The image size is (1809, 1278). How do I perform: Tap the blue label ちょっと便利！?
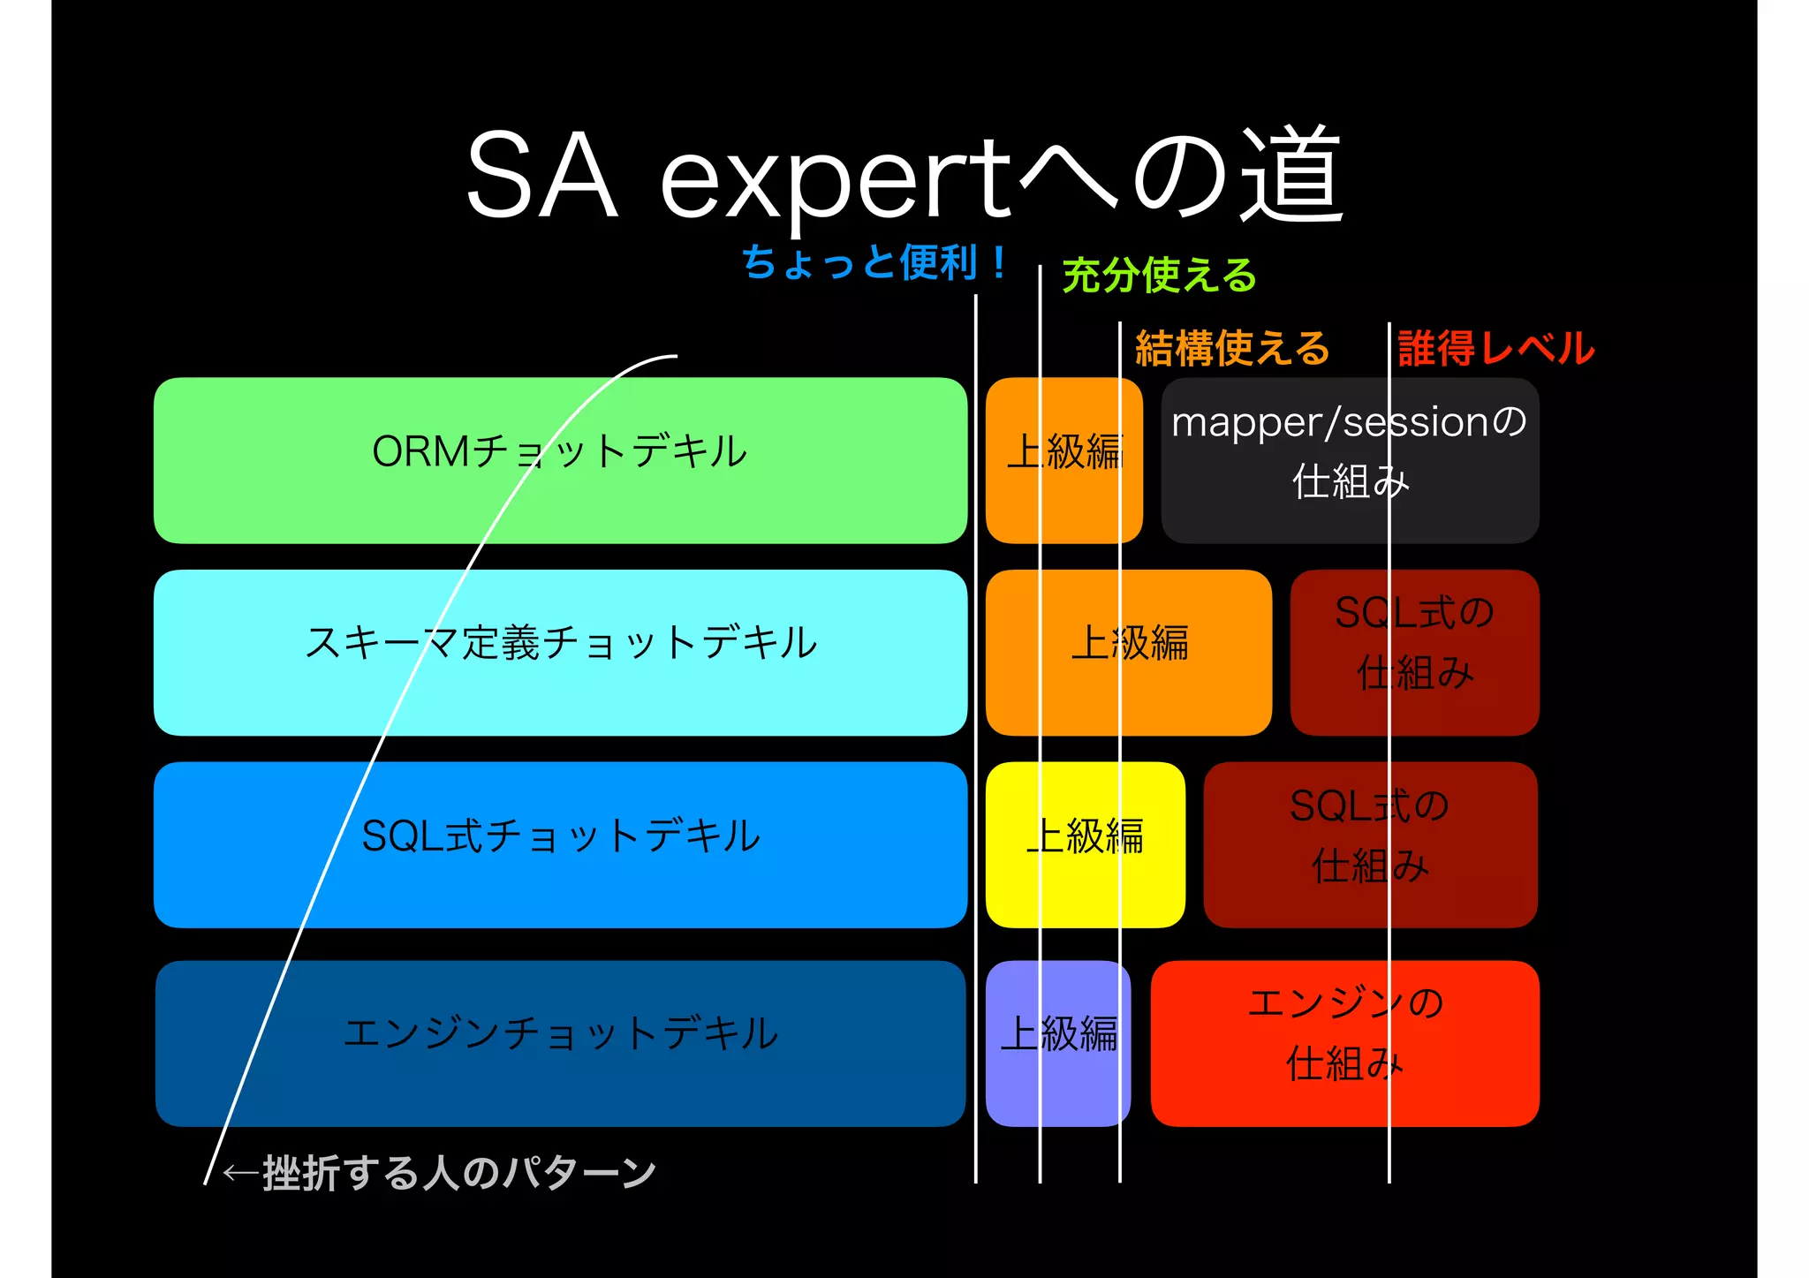(x=874, y=262)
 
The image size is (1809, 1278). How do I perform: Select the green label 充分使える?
(x=1159, y=275)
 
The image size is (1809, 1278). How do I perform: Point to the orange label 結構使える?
(x=1231, y=348)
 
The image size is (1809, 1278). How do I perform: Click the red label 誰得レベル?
(x=1495, y=348)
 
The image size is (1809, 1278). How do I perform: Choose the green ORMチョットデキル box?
(x=560, y=460)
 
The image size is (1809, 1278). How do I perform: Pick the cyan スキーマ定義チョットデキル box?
(x=560, y=652)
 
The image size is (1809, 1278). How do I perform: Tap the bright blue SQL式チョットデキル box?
(x=560, y=844)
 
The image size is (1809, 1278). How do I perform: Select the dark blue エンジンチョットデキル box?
(x=560, y=1043)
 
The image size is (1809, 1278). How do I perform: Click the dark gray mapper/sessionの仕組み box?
(x=1349, y=460)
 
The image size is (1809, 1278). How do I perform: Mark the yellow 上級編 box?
(x=1085, y=844)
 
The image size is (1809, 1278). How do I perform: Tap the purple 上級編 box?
(x=1057, y=1043)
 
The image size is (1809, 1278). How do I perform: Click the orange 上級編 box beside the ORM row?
(x=1063, y=460)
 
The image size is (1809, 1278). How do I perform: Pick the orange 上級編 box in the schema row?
(x=1128, y=652)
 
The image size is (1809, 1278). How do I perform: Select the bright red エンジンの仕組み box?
(x=1344, y=1043)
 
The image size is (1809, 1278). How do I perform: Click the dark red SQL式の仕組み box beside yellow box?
(x=1370, y=844)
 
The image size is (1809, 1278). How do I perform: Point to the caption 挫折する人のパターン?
(x=459, y=1174)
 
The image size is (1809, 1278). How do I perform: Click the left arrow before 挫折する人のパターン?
(x=240, y=1174)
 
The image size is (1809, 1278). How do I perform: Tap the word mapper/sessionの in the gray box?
(x=1349, y=422)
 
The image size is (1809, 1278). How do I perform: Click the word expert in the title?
(x=835, y=177)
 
